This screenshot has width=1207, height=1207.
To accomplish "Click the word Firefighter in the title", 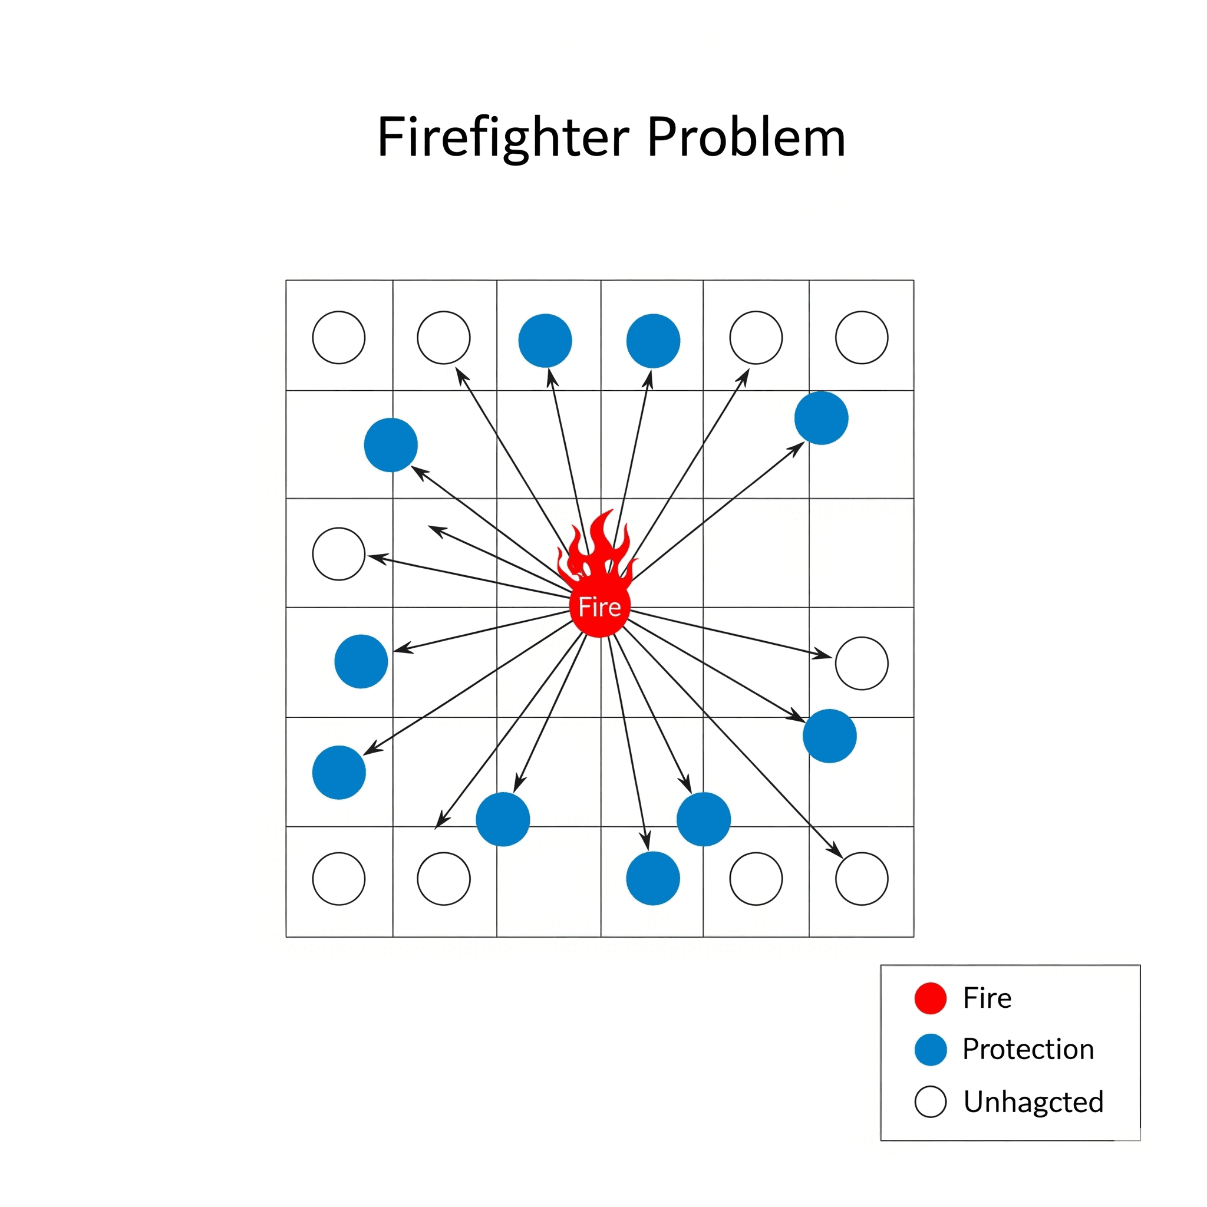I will [x=503, y=137].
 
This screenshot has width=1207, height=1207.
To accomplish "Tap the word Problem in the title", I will [x=746, y=137].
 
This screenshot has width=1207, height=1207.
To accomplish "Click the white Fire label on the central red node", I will [x=599, y=607].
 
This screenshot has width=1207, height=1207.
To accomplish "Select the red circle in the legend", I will [x=930, y=998].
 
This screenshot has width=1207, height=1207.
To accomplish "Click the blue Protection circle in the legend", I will [x=930, y=1050].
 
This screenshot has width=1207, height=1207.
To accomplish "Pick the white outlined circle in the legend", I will [x=930, y=1102].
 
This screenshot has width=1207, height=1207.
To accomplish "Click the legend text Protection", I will [x=1028, y=1050].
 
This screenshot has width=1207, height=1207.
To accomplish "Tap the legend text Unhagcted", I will [x=1033, y=1102].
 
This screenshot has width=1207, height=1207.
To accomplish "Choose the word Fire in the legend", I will [x=987, y=998].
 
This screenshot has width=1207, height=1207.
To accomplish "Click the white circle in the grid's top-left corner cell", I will [x=339, y=337].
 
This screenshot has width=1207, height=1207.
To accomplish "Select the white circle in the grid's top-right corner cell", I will [x=862, y=337].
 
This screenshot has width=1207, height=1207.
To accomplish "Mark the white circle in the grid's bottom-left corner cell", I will [x=339, y=879].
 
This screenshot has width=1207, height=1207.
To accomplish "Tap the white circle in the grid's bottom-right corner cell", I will [x=862, y=879].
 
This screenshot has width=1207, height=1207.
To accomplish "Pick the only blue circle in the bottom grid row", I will [x=653, y=878].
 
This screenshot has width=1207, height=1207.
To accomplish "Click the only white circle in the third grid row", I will [x=339, y=554].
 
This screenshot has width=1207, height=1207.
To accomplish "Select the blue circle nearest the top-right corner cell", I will [x=821, y=418].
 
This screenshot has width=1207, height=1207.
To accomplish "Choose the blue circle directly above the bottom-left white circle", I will [x=339, y=772].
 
